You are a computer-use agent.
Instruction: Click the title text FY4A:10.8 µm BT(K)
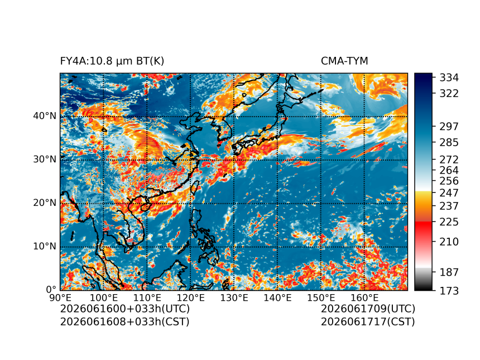click(x=112, y=61)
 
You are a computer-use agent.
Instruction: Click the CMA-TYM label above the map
click(x=344, y=61)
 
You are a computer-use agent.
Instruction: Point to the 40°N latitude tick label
click(x=45, y=116)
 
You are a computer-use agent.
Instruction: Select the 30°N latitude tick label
click(x=45, y=160)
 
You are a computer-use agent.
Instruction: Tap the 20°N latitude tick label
click(x=45, y=203)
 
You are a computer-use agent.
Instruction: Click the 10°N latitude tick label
click(x=45, y=247)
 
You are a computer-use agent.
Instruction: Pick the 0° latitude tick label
click(x=51, y=290)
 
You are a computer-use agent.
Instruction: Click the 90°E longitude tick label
click(x=60, y=297)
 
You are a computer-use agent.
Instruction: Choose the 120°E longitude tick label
click(x=190, y=297)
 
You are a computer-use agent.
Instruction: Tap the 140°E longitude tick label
click(x=277, y=297)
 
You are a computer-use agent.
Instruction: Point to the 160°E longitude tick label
click(x=364, y=297)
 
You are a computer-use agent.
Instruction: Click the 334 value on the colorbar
click(x=449, y=78)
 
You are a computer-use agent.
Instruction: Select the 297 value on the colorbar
click(x=449, y=127)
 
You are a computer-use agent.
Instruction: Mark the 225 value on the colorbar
click(x=449, y=222)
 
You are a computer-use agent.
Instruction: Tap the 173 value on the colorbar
click(x=449, y=291)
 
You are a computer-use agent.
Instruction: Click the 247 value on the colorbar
click(x=449, y=193)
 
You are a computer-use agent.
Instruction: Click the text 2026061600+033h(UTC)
click(x=125, y=309)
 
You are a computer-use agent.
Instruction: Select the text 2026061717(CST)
click(x=368, y=322)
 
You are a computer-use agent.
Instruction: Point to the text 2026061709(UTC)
click(x=368, y=309)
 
